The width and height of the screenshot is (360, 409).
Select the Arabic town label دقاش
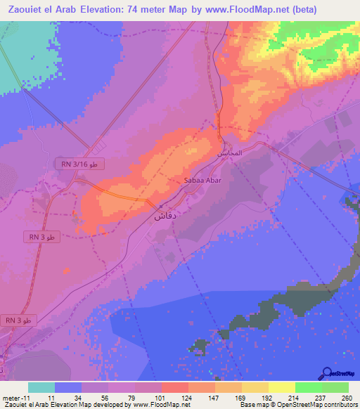click(x=164, y=216)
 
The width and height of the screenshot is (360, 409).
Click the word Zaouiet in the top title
click(x=32, y=10)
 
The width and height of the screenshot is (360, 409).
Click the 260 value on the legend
click(x=347, y=398)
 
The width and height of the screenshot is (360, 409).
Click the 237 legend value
click(x=321, y=398)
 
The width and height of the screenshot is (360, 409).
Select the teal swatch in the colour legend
click(x=41, y=387)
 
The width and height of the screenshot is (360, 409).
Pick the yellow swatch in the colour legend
click(x=281, y=387)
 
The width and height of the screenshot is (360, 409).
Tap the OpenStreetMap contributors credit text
click(x=309, y=405)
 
